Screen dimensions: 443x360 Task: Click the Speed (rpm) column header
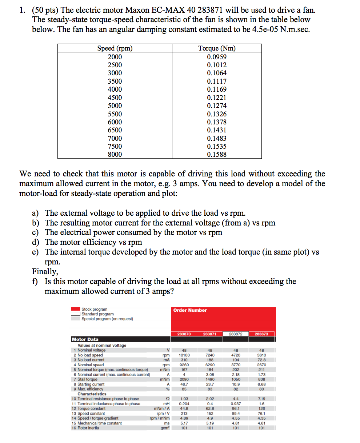coord(115,48)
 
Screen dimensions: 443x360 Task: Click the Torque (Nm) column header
coord(217,48)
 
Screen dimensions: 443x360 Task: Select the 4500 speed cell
coord(115,97)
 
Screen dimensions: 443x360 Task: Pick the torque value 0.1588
coord(217,155)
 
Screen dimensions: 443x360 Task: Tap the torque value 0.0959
coord(217,57)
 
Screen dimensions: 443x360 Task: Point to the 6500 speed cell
coord(115,130)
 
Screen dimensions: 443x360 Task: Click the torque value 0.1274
coord(217,106)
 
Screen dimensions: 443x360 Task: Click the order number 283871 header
coord(210,334)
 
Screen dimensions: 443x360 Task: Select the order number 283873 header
coord(261,334)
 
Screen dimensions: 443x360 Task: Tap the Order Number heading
coord(190,310)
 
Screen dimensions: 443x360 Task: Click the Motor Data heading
coord(85,339)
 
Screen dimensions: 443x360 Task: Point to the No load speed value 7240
coord(210,355)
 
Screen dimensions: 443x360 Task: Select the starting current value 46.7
coord(184,384)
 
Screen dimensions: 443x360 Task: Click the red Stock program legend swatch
coord(75,309)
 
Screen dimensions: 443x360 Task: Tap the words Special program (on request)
coord(107,319)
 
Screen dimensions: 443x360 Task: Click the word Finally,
coord(45,272)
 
